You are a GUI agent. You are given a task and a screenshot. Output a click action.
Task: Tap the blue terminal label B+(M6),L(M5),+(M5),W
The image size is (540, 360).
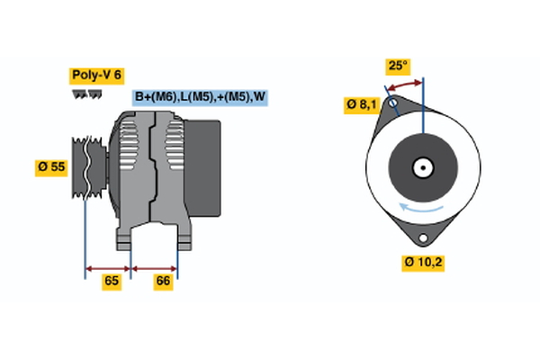(201, 97)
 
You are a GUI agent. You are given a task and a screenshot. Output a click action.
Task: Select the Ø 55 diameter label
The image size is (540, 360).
(53, 166)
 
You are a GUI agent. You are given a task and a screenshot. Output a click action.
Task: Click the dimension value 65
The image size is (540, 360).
(112, 282)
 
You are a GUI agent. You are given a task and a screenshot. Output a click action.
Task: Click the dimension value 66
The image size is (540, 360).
(163, 282)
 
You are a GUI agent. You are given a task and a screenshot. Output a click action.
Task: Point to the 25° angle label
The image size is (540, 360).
(397, 66)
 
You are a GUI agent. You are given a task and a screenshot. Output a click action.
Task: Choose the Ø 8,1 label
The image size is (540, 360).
(361, 105)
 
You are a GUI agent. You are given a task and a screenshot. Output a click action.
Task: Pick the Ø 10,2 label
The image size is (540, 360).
(423, 263)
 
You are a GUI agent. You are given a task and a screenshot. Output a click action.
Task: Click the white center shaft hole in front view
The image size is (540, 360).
(422, 167)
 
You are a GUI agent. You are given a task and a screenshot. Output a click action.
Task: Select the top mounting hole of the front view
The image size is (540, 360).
(392, 105)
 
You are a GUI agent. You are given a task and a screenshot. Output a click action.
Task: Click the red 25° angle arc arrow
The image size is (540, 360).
(404, 83)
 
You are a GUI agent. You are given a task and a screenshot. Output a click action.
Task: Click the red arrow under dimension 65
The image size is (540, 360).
(108, 267)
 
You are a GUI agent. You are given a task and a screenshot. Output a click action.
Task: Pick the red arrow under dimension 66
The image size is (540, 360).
(155, 267)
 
